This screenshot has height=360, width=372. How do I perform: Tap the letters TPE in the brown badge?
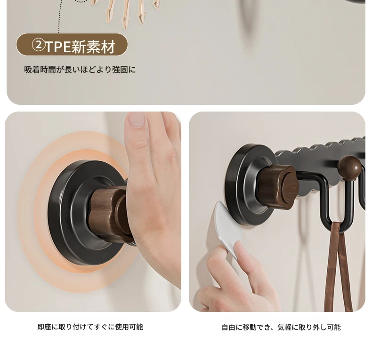coord(57,47)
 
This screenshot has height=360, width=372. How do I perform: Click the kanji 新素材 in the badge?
coord(93,46)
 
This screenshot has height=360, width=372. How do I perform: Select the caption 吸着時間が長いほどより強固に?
coord(80,70)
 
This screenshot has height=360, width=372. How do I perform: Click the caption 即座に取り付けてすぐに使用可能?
coord(90,327)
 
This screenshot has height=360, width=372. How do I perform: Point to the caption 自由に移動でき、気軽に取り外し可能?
coord(281,327)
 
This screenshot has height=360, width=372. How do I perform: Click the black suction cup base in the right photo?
coord(247,185)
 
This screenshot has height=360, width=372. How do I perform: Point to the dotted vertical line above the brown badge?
coord(59,16)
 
